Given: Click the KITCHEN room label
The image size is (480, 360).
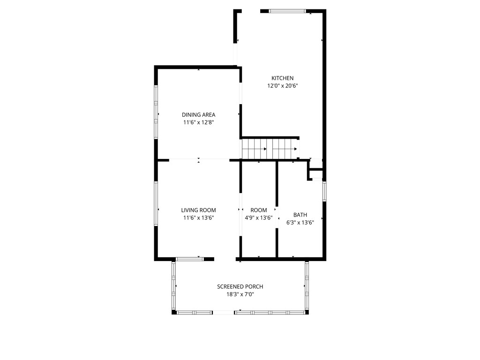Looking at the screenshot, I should point(282,78).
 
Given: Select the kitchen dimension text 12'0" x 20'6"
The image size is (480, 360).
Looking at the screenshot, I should point(283,86).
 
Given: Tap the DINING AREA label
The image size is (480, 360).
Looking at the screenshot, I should point(198,115).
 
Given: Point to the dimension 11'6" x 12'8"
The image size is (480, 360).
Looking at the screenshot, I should point(198,122).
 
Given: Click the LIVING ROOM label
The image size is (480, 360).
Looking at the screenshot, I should point(198,210).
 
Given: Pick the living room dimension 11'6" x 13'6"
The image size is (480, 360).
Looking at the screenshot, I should point(198,217).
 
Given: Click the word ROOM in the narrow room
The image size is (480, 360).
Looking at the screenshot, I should point(258,210).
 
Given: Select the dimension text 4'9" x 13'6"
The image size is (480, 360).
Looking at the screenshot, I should point(258,217).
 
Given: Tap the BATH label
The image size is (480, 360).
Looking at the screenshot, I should point(300,215).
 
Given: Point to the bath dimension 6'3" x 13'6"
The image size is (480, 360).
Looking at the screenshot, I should point(300,223).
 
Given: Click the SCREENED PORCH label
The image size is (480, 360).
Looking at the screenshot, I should point(240,287).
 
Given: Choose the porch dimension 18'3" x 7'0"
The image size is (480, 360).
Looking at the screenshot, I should point(240,294).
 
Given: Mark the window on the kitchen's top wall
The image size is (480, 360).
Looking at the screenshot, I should point(287,11).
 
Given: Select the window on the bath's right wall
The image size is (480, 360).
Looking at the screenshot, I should point(324,191).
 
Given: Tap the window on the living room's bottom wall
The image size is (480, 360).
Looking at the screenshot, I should point(190,258).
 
